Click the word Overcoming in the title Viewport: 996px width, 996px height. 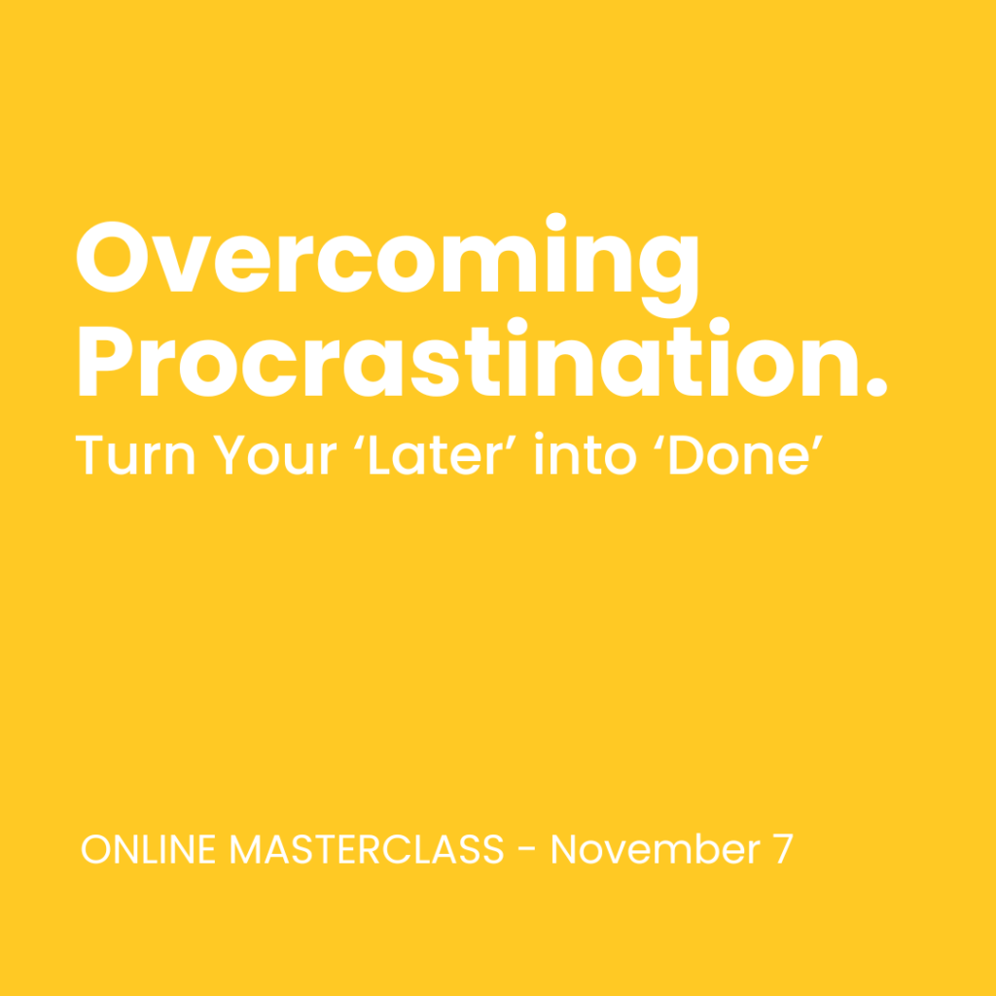coord(386,260)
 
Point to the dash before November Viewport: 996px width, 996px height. coord(526,852)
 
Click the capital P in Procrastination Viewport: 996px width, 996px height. coord(106,361)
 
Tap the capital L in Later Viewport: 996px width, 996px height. coord(385,454)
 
